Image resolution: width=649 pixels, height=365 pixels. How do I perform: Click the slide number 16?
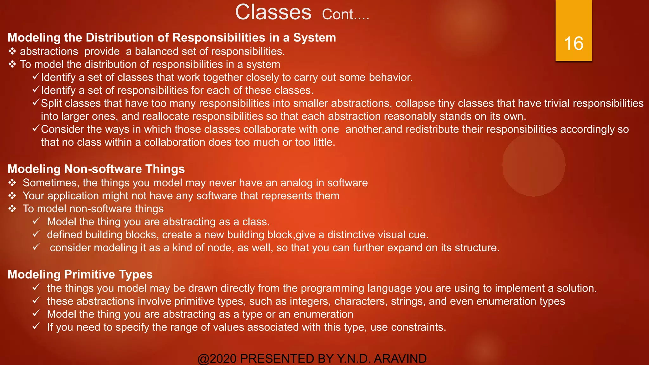click(x=574, y=43)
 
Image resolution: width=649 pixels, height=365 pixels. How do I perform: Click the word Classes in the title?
click(x=273, y=12)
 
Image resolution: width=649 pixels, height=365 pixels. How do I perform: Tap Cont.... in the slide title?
click(x=345, y=15)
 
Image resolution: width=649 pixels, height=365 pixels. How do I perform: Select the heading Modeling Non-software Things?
click(x=96, y=169)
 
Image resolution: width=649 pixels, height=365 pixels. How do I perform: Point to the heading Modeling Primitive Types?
click(x=80, y=274)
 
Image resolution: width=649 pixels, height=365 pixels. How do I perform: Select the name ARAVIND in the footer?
click(x=400, y=359)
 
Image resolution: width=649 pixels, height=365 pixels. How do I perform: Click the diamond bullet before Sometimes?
click(x=12, y=183)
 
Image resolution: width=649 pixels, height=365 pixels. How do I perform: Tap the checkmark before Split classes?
click(x=36, y=103)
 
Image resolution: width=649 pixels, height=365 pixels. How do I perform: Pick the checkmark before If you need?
click(x=36, y=326)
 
